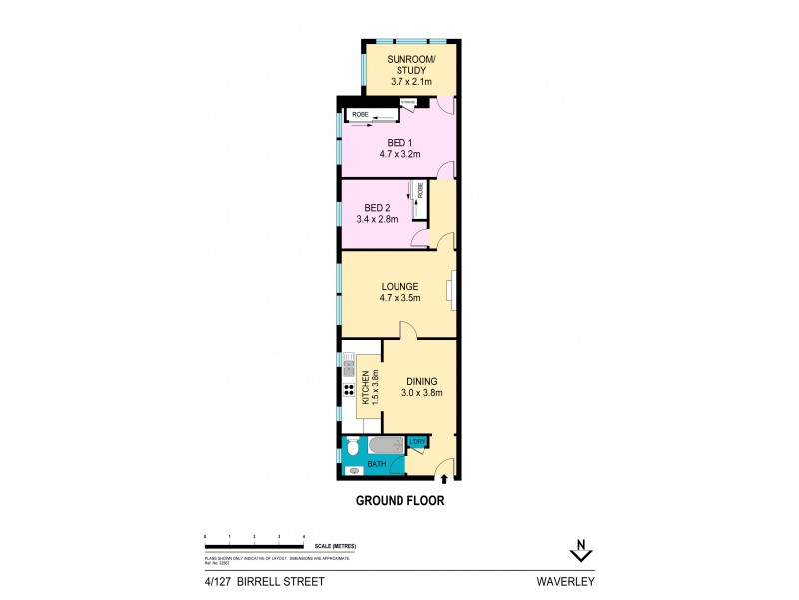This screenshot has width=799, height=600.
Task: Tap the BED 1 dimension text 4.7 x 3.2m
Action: [399, 155]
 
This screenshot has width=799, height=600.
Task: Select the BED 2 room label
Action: [376, 207]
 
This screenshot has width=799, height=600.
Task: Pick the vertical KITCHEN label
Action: [366, 386]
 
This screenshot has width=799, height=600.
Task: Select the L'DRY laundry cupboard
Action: [418, 442]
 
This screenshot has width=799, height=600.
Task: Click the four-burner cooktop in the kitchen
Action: [348, 390]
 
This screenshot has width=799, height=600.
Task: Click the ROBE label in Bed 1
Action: [359, 115]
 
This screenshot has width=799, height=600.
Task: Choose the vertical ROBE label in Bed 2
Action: [421, 190]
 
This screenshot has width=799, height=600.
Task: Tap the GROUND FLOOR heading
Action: [399, 500]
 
